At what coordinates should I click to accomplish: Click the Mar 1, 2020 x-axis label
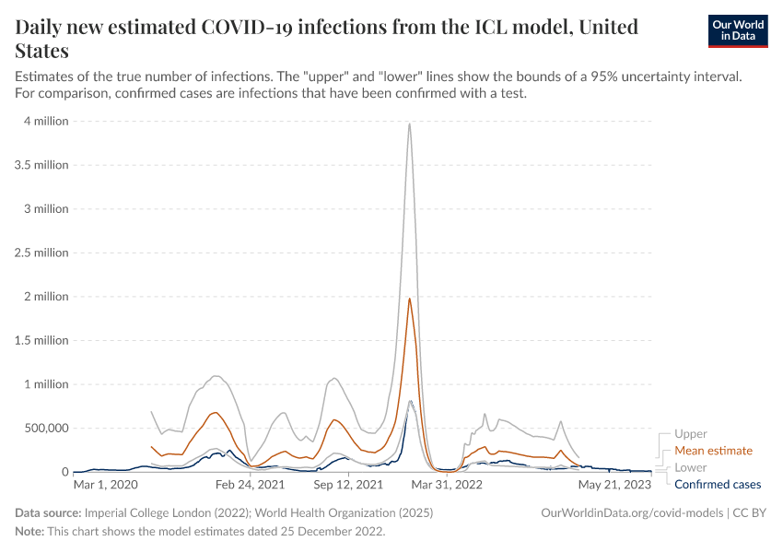pos(105,483)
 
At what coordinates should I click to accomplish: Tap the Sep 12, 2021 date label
pos(348,483)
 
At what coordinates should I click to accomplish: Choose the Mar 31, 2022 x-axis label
pos(447,483)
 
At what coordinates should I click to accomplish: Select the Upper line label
pos(691,434)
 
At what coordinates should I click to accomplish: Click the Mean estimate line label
pos(713,451)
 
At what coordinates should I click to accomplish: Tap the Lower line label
pos(691,467)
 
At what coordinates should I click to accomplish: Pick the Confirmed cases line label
pos(718,484)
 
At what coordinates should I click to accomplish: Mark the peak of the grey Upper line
pos(409,124)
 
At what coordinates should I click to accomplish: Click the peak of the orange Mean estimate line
pos(409,299)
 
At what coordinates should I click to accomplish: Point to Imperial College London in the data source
pos(147,512)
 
